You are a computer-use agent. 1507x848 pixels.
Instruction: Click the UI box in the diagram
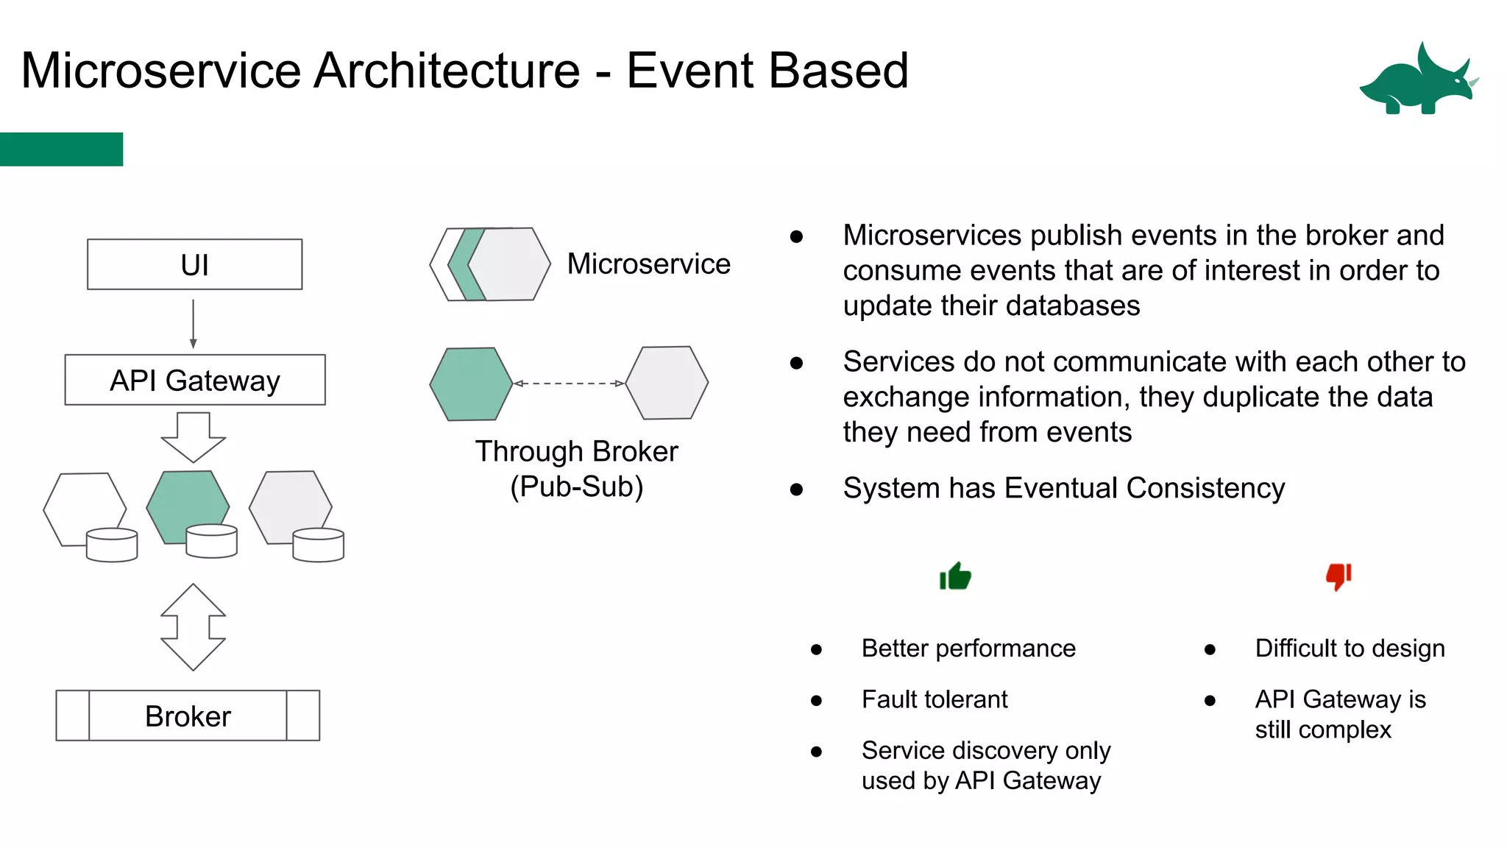[x=194, y=264]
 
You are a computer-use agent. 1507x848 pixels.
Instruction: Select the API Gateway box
[x=195, y=380]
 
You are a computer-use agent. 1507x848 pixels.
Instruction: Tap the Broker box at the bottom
[x=188, y=715]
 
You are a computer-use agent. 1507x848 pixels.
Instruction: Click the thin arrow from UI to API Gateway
[x=193, y=323]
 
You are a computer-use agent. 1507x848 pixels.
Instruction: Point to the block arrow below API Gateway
[x=194, y=437]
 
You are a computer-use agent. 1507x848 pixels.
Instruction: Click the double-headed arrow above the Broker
[x=193, y=627]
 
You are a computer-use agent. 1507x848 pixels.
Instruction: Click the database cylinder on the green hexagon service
[x=212, y=541]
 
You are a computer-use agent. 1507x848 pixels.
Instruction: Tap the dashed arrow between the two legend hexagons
[x=569, y=384]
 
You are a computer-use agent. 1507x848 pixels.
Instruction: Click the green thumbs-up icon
[x=955, y=576]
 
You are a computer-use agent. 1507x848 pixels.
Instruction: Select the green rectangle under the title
[x=61, y=149]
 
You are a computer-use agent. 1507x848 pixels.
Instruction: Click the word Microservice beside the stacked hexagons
[x=648, y=264]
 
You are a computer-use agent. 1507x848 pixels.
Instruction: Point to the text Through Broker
[x=576, y=451]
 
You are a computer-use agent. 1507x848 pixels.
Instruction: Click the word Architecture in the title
[x=447, y=71]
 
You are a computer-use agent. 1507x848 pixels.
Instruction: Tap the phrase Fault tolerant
[x=935, y=699]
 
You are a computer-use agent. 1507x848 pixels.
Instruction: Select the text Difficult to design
[x=1350, y=649]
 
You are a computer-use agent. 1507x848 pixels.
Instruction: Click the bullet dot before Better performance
[x=816, y=649]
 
